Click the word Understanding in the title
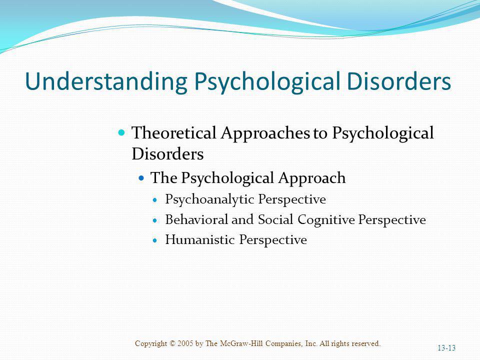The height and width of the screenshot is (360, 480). (x=106, y=81)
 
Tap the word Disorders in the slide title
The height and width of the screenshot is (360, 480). (x=399, y=81)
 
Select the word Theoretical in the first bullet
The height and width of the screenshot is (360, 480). (x=174, y=133)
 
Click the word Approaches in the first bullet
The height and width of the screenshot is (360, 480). (x=265, y=133)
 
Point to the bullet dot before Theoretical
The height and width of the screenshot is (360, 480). (x=122, y=132)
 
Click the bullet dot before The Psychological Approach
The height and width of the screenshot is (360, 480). (x=141, y=177)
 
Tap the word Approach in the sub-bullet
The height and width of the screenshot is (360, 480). (x=312, y=178)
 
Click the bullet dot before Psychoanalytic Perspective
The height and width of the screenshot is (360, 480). (x=154, y=200)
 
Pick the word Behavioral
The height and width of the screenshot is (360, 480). (x=196, y=219)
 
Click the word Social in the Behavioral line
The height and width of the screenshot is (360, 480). (x=275, y=219)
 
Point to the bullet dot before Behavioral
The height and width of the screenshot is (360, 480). (x=154, y=220)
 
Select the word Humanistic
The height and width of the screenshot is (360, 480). (x=200, y=239)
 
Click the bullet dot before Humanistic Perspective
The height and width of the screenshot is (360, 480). (x=154, y=240)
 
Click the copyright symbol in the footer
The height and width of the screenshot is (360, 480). (x=172, y=343)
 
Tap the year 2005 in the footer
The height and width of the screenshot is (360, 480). (x=185, y=343)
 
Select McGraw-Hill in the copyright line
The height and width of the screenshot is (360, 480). (x=241, y=343)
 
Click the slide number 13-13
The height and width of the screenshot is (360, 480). (x=446, y=348)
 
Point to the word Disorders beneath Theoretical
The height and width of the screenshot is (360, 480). (x=167, y=153)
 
